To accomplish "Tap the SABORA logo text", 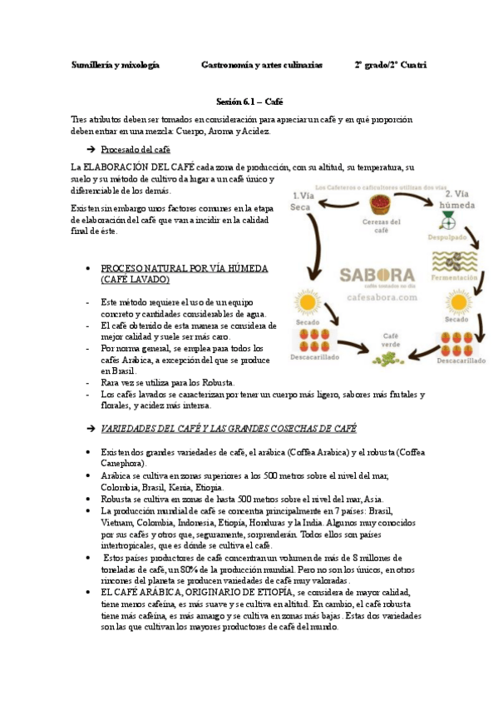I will (377, 276).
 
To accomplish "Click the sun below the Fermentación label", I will (455, 303).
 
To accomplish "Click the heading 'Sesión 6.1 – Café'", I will (249, 101).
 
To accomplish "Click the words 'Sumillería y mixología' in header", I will (115, 65).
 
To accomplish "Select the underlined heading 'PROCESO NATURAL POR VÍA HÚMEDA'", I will (184, 269).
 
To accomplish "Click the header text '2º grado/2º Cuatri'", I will (390, 65).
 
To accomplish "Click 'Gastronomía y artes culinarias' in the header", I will (262, 65).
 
